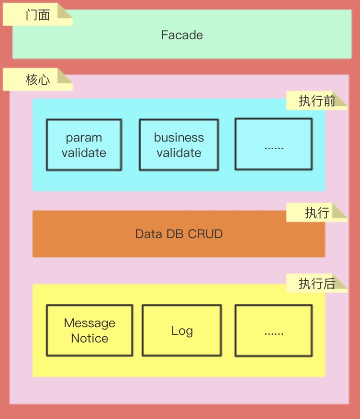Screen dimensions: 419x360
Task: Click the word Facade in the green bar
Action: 182,35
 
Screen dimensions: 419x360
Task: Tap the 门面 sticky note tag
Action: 37,15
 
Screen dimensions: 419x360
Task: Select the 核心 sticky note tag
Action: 37,79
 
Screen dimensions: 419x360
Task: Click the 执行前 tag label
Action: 316,101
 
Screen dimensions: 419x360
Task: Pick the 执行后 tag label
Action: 316,284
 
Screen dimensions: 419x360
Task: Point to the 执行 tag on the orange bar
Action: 316,213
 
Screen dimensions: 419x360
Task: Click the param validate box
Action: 84,145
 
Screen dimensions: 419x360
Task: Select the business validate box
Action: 179,145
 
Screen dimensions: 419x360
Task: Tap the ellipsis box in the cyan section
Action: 273,144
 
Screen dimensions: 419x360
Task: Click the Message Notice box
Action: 90,331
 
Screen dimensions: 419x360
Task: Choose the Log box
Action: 182,331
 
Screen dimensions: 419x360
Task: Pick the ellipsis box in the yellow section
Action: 273,330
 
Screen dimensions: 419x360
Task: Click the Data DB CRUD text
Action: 179,234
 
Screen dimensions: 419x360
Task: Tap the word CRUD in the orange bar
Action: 205,234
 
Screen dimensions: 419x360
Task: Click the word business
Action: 179,138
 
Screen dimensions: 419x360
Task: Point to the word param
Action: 84,138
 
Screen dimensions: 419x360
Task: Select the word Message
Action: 90,323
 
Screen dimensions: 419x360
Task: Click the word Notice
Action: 90,338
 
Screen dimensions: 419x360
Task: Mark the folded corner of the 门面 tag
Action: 66,12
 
